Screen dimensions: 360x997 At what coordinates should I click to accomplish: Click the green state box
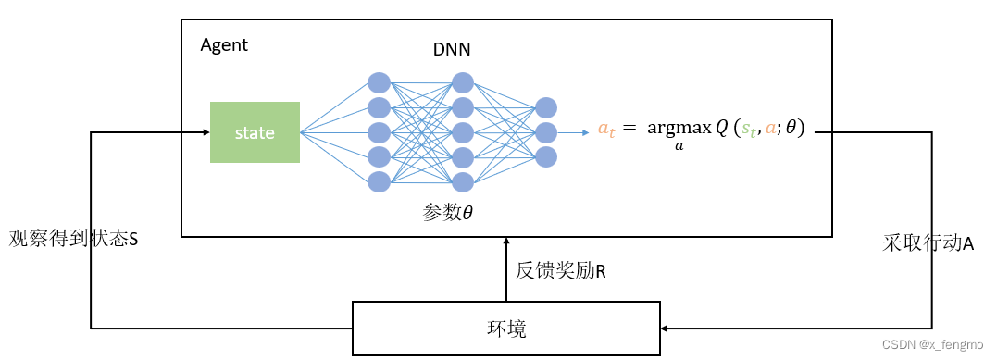(255, 132)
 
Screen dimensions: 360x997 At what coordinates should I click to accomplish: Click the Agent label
(224, 45)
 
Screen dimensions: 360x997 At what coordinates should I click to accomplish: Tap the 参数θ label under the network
(448, 213)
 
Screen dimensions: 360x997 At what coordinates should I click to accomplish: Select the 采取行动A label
(928, 242)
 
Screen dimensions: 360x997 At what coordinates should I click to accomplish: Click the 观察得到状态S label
(73, 238)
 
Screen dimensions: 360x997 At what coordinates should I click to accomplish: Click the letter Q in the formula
(722, 129)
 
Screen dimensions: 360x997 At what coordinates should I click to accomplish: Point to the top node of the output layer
(546, 108)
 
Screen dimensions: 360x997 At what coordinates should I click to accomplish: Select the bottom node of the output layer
(546, 156)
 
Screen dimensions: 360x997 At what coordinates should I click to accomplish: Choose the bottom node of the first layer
(379, 181)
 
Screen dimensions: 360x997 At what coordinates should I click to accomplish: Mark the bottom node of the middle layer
(463, 181)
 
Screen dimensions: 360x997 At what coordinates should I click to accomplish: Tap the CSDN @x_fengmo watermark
(932, 344)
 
